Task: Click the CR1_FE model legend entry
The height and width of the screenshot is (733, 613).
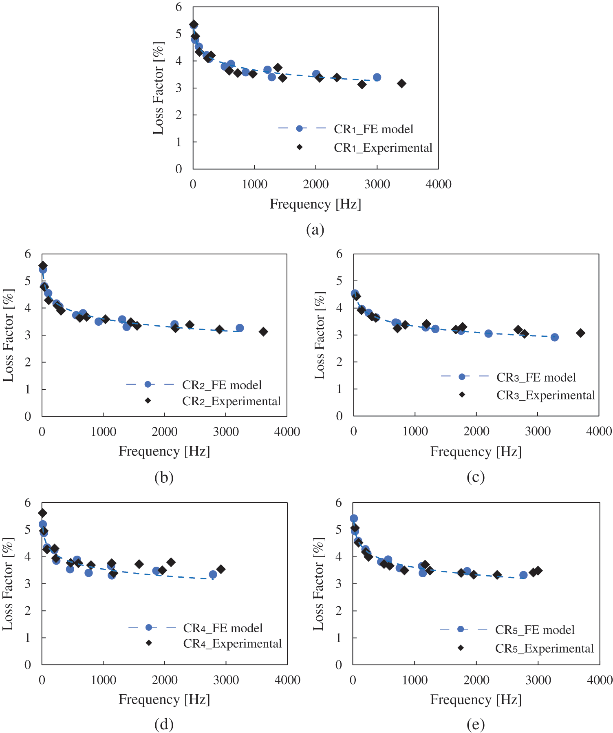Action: click(x=373, y=129)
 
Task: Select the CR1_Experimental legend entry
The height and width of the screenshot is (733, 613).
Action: click(x=383, y=148)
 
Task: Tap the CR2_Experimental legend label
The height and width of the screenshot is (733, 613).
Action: click(x=231, y=402)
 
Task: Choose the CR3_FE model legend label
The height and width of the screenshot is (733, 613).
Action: click(x=536, y=378)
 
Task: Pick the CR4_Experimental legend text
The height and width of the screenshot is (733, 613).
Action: click(x=232, y=644)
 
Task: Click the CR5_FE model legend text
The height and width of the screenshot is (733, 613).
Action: click(x=534, y=630)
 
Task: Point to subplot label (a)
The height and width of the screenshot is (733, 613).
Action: click(x=315, y=230)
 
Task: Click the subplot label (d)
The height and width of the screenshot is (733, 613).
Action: click(x=164, y=724)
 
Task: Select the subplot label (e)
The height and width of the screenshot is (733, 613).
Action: click(x=476, y=724)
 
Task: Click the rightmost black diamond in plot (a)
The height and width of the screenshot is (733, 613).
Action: click(x=401, y=84)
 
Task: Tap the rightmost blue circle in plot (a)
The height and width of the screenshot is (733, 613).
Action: click(x=377, y=77)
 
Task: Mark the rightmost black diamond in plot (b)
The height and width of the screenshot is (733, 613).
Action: click(x=263, y=332)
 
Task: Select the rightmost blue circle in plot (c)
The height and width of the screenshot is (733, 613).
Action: click(x=554, y=337)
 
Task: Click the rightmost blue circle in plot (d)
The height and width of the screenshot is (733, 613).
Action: click(x=213, y=574)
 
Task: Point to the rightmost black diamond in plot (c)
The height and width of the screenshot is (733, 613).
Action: click(x=580, y=333)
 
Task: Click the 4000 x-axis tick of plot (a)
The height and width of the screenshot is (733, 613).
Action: click(x=439, y=184)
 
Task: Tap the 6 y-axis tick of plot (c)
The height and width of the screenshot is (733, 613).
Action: click(x=339, y=254)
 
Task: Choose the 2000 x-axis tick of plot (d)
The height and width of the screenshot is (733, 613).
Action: click(x=164, y=680)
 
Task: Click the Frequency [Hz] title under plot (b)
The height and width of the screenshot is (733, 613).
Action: click(x=164, y=451)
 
